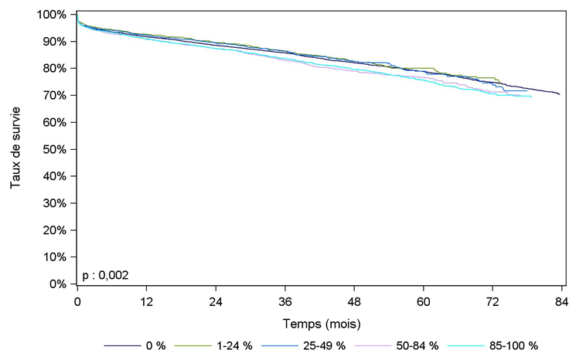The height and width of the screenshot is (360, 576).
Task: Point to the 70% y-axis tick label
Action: point(58,96)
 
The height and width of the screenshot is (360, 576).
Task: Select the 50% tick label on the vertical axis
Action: point(58,150)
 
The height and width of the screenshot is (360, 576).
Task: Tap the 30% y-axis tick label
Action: point(58,203)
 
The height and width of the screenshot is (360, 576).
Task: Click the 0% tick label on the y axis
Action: point(61,284)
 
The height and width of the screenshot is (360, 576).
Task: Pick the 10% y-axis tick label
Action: point(58,257)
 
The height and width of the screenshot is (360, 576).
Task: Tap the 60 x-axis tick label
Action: point(423,301)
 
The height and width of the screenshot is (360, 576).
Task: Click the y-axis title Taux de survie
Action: point(16,150)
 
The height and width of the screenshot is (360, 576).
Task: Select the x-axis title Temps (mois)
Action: point(320,322)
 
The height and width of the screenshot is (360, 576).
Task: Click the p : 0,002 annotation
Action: point(105,275)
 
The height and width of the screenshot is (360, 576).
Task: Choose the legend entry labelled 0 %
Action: point(155,346)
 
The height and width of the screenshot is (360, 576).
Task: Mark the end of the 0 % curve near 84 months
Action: point(559,93)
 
